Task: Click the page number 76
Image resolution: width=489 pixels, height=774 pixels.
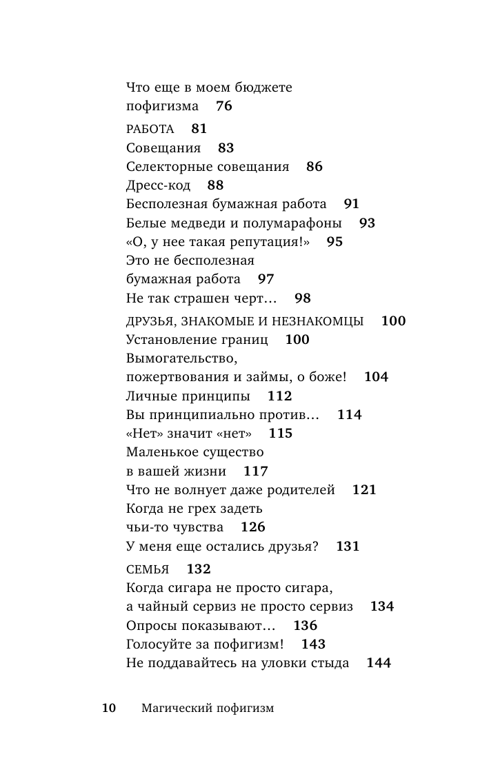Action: (x=224, y=106)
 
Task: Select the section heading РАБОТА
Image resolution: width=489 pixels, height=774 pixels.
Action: (x=150, y=129)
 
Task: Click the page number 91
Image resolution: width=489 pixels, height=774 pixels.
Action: (x=351, y=204)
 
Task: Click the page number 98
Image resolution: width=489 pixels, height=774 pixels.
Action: (x=303, y=298)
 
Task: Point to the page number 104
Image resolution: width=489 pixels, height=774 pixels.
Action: (x=376, y=377)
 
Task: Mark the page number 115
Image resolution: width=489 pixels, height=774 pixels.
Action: (x=280, y=434)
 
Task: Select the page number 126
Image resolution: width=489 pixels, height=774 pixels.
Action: (x=253, y=527)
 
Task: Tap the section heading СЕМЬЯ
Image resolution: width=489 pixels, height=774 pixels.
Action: (x=148, y=569)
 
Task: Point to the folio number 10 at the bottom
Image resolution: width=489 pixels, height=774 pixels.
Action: (x=109, y=708)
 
